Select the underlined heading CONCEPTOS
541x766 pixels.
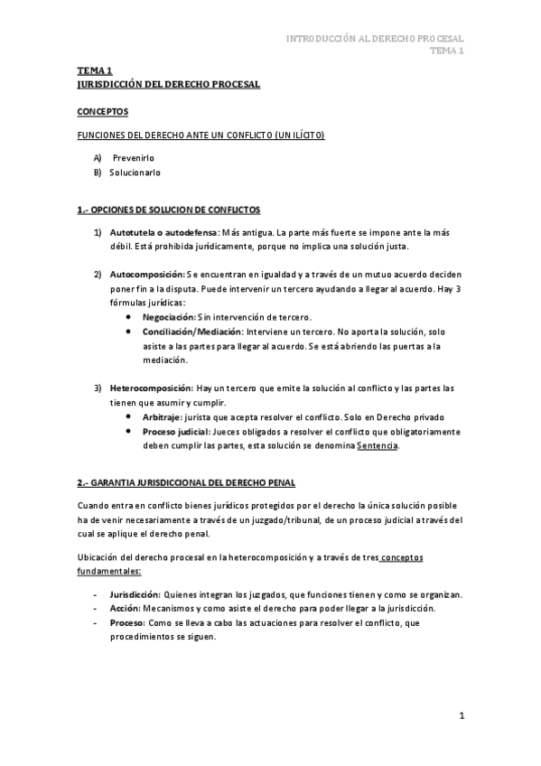coord(102,112)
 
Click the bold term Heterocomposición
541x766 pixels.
coord(151,388)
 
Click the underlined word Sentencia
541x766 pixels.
coord(378,445)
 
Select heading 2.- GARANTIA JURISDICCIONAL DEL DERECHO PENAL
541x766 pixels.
coord(186,483)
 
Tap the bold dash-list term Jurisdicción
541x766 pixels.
coord(135,594)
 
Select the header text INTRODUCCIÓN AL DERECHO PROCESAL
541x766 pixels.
coord(375,39)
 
